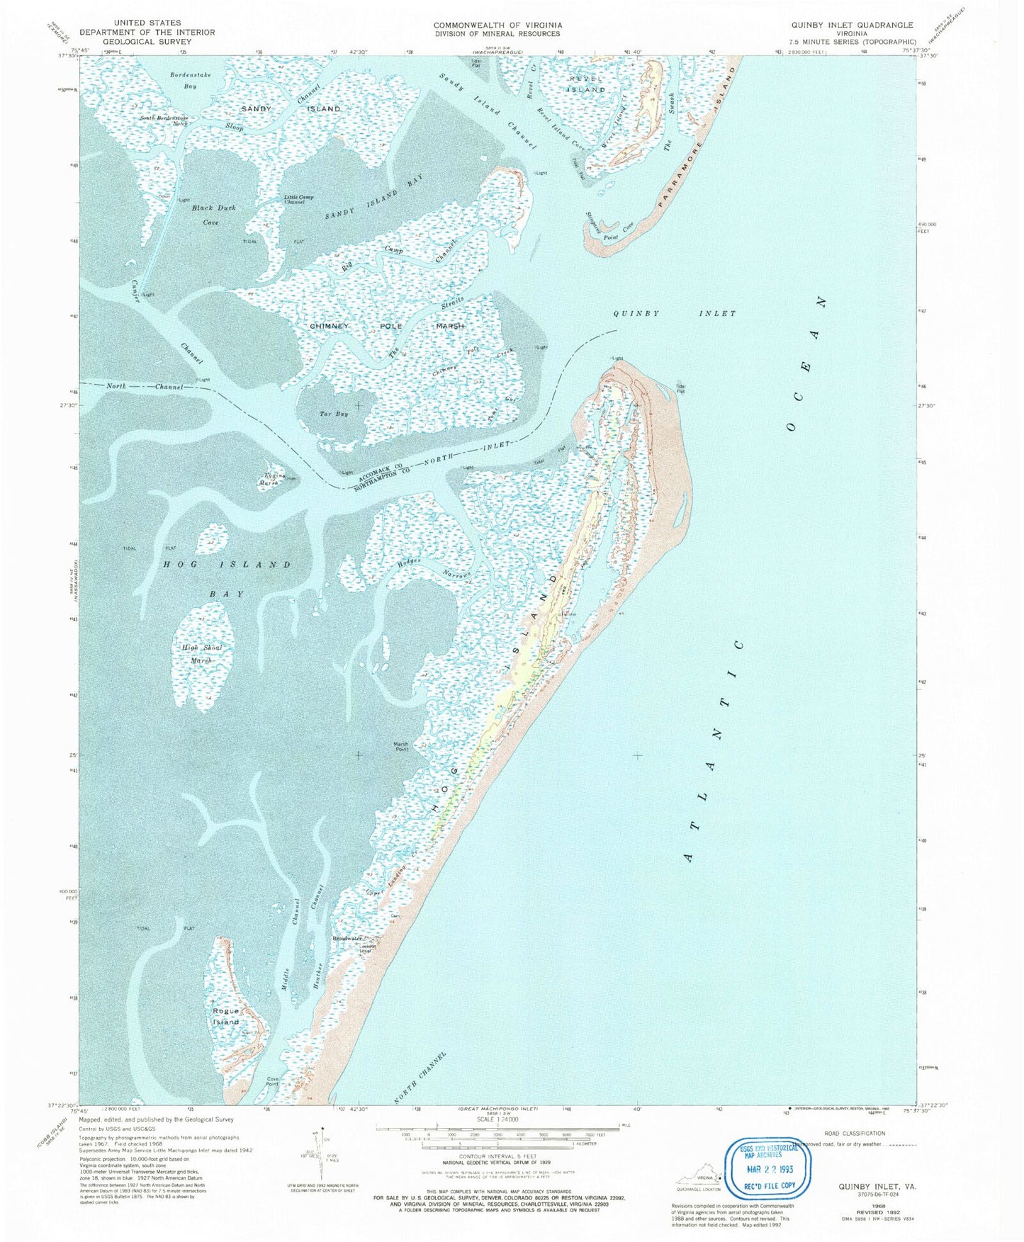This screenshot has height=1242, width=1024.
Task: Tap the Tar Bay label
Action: click(x=334, y=414)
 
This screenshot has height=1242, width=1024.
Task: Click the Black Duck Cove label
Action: click(x=213, y=215)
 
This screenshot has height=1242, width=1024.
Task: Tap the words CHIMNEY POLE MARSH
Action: click(x=387, y=326)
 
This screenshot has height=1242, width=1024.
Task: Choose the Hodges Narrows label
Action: click(x=434, y=568)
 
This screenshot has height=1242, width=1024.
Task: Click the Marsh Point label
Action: click(x=401, y=747)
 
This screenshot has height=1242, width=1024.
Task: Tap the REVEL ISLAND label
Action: click(x=586, y=84)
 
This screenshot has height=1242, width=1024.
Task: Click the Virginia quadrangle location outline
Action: click(x=698, y=1178)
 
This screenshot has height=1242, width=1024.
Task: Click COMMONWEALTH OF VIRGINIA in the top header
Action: click(x=497, y=24)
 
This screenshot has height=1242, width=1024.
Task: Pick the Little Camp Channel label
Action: click(x=298, y=200)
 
